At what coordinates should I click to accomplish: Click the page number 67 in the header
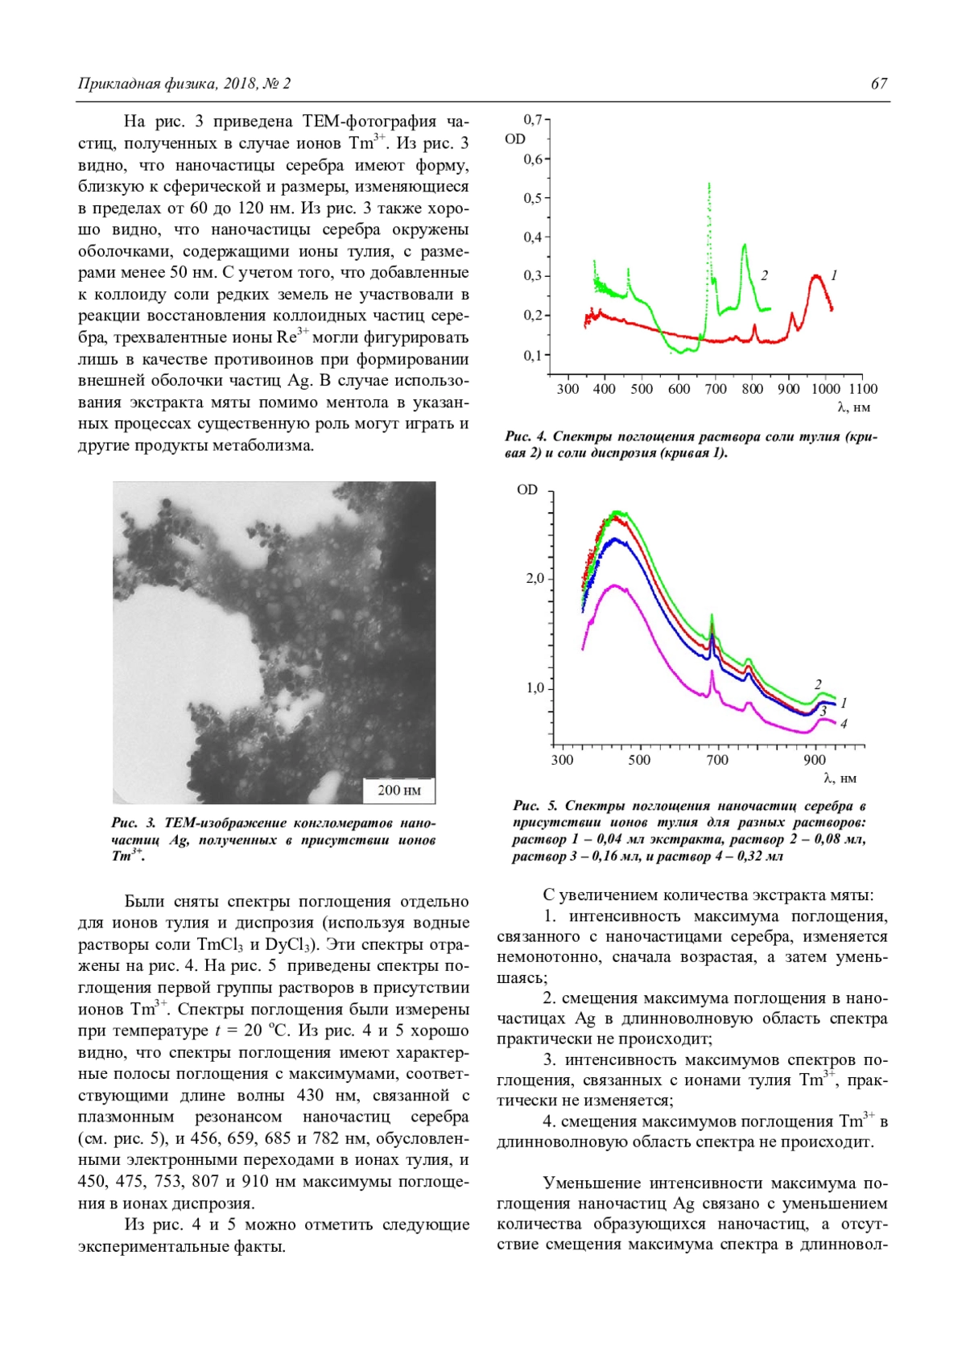pyautogui.click(x=878, y=84)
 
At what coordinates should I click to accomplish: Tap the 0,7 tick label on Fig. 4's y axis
pyautogui.click(x=531, y=120)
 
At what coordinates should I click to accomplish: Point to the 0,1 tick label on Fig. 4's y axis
pyautogui.click(x=531, y=355)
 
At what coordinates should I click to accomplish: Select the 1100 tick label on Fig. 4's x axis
pyautogui.click(x=863, y=390)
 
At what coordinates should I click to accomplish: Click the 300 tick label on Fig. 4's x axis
pyautogui.click(x=568, y=390)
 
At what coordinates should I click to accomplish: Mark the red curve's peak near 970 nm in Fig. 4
pyautogui.click(x=816, y=277)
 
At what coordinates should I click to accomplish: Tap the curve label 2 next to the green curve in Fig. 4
pyautogui.click(x=764, y=275)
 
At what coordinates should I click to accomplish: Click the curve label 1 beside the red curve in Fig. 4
pyautogui.click(x=834, y=275)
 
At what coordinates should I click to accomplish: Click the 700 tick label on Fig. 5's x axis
pyautogui.click(x=716, y=760)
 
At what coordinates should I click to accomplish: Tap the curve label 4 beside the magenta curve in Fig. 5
pyautogui.click(x=843, y=724)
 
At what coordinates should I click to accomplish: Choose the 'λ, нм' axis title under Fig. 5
pyautogui.click(x=840, y=778)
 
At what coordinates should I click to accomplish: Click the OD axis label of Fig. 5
pyautogui.click(x=527, y=489)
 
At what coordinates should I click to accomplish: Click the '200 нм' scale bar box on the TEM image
pyautogui.click(x=399, y=790)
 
